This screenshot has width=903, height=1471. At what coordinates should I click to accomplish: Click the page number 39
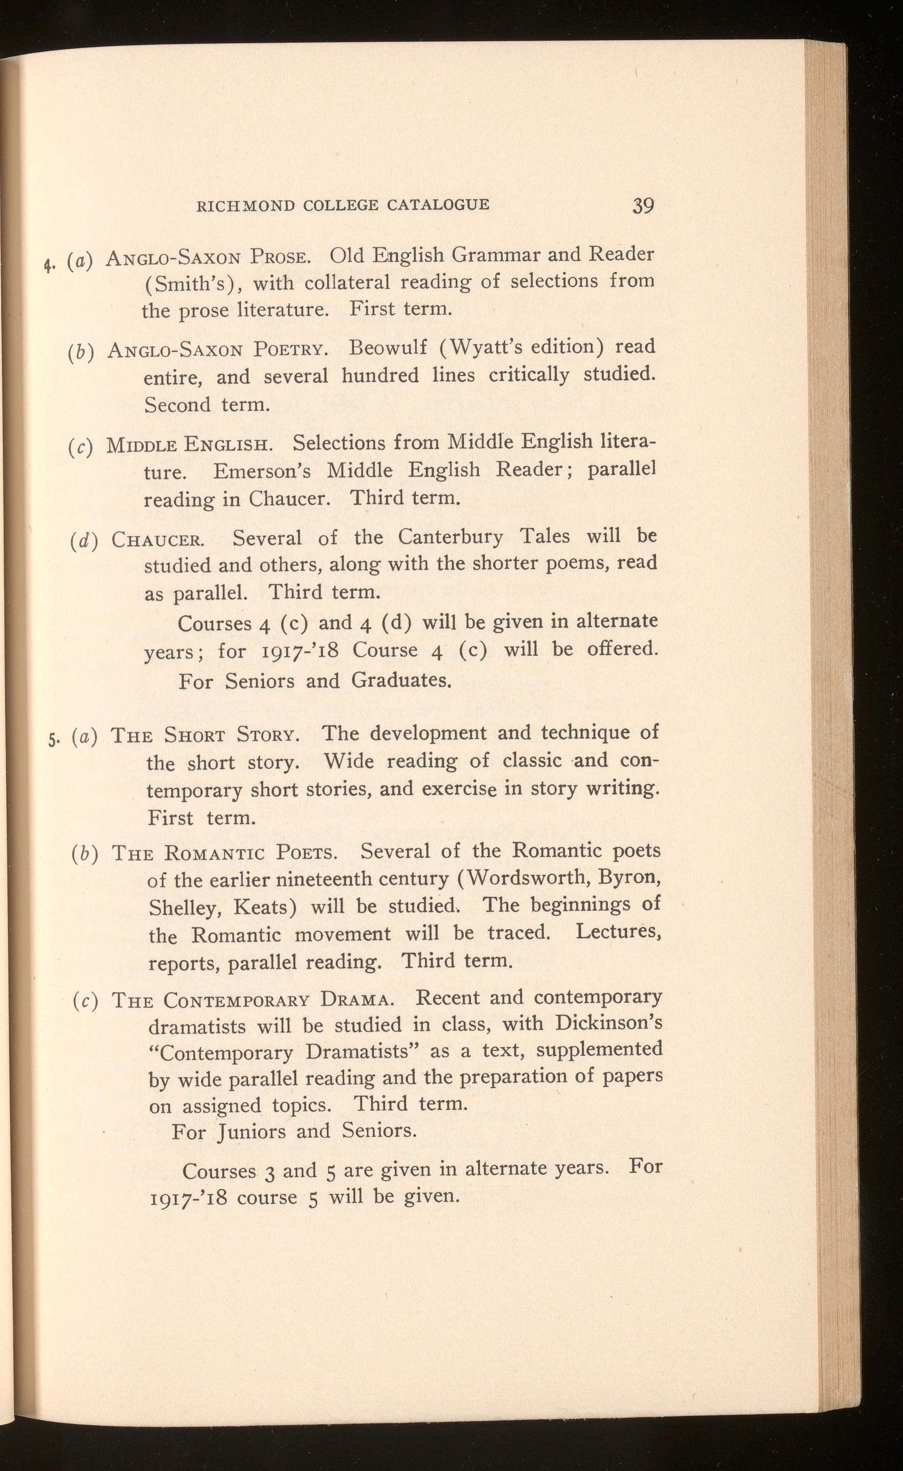(643, 206)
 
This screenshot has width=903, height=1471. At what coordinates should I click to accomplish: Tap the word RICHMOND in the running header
(245, 205)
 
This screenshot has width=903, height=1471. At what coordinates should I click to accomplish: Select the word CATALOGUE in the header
(438, 205)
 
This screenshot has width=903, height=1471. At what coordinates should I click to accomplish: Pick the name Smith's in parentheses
(188, 282)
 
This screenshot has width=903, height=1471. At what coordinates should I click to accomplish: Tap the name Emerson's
(262, 471)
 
